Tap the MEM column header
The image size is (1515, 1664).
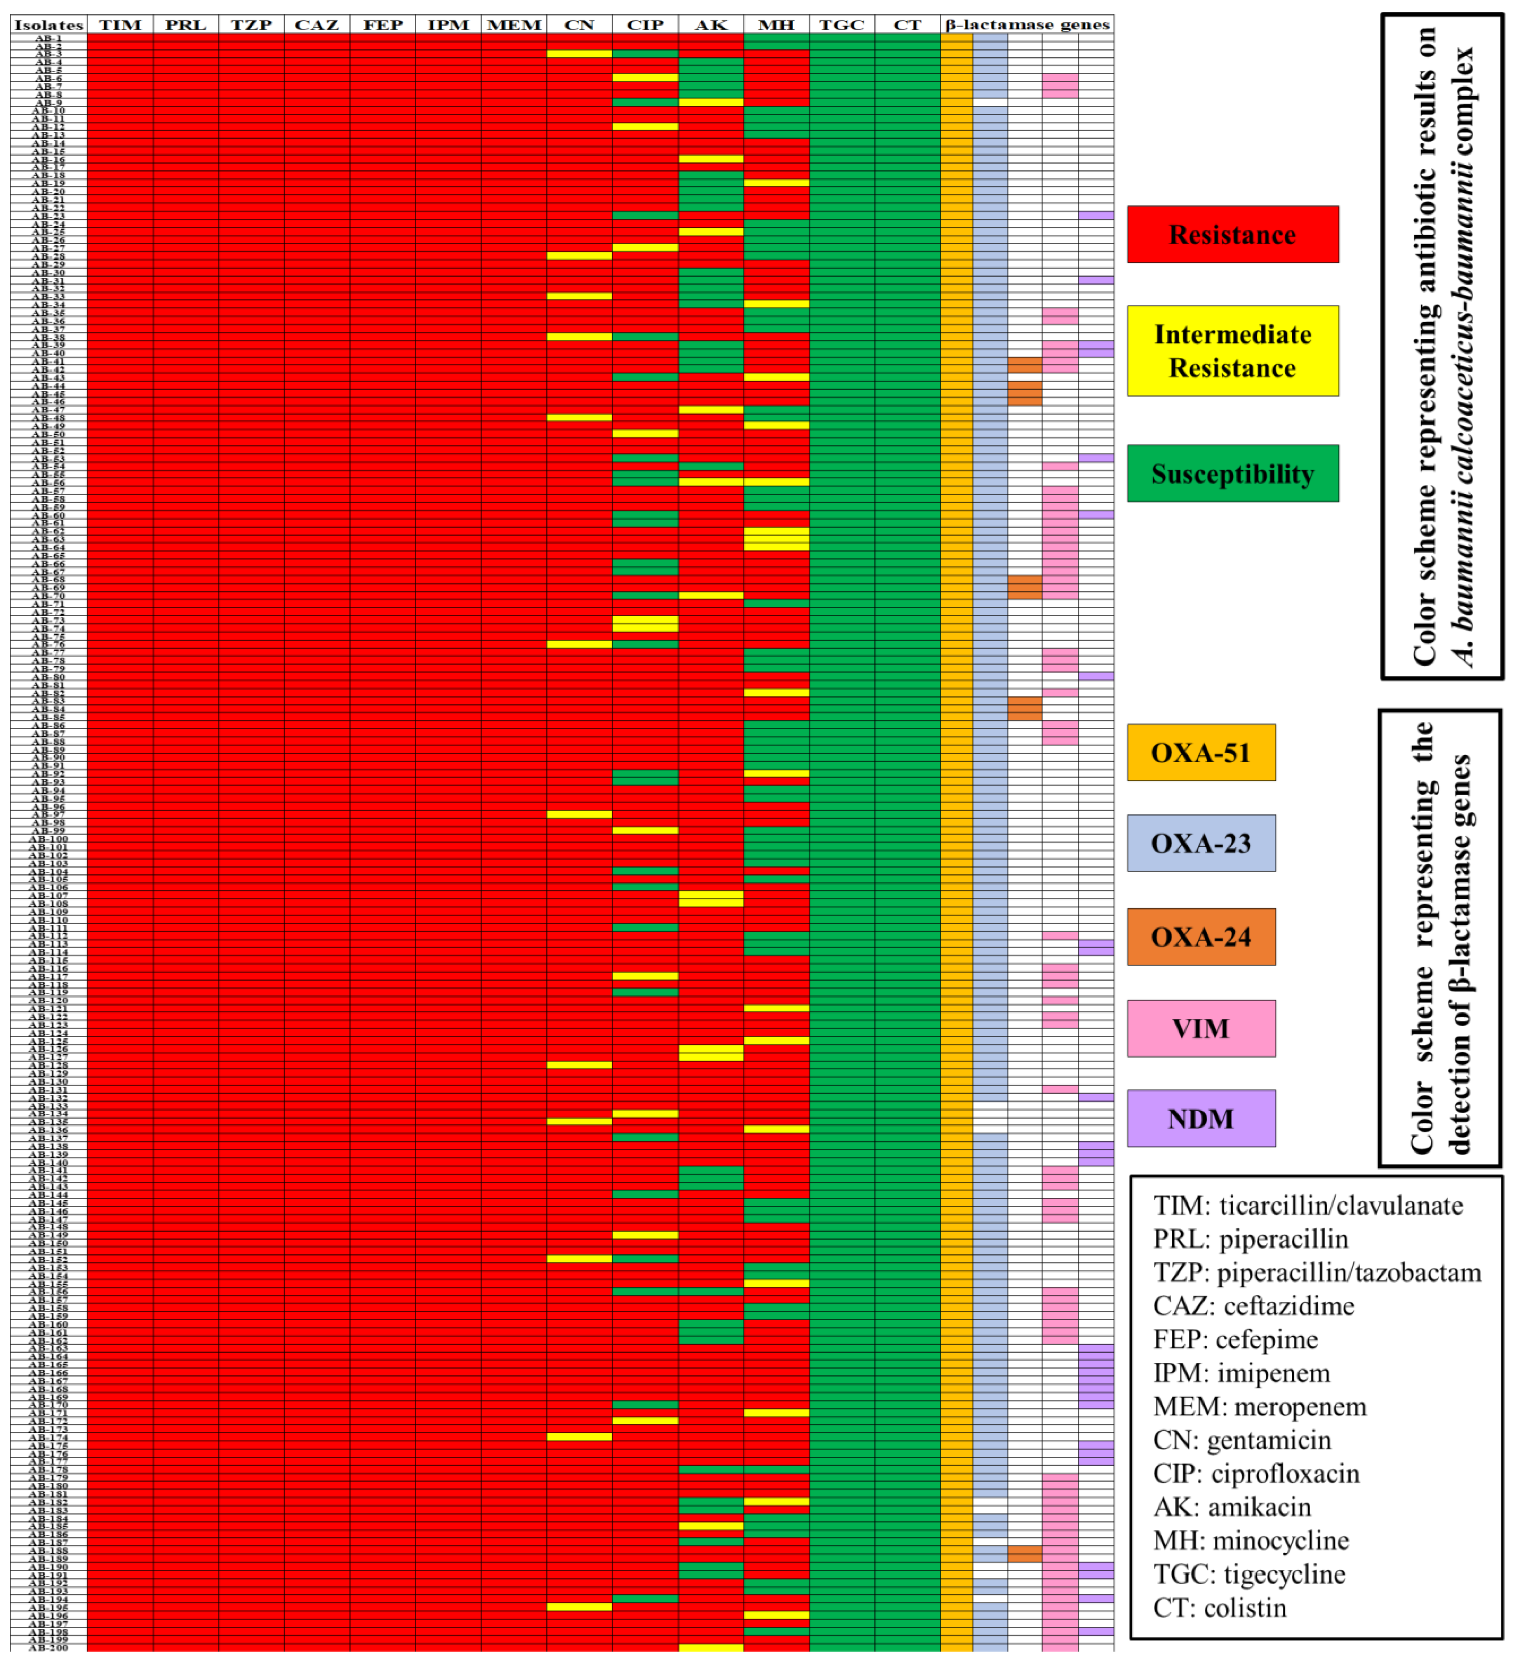click(x=514, y=25)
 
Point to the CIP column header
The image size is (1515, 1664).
click(x=645, y=25)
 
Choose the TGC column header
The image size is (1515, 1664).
click(x=841, y=25)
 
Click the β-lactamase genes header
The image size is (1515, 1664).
click(x=1027, y=25)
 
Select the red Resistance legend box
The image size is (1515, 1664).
click(x=1232, y=234)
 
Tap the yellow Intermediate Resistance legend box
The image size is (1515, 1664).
click(x=1232, y=351)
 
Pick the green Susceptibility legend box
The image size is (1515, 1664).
click(x=1232, y=474)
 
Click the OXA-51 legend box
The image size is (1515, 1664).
click(x=1201, y=752)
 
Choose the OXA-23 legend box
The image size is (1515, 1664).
click(x=1201, y=843)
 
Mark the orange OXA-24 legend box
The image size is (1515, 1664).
click(x=1201, y=937)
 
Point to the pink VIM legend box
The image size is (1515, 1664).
click(x=1201, y=1029)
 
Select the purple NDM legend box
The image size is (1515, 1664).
click(x=1201, y=1118)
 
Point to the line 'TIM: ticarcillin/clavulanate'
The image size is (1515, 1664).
click(x=1308, y=1205)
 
